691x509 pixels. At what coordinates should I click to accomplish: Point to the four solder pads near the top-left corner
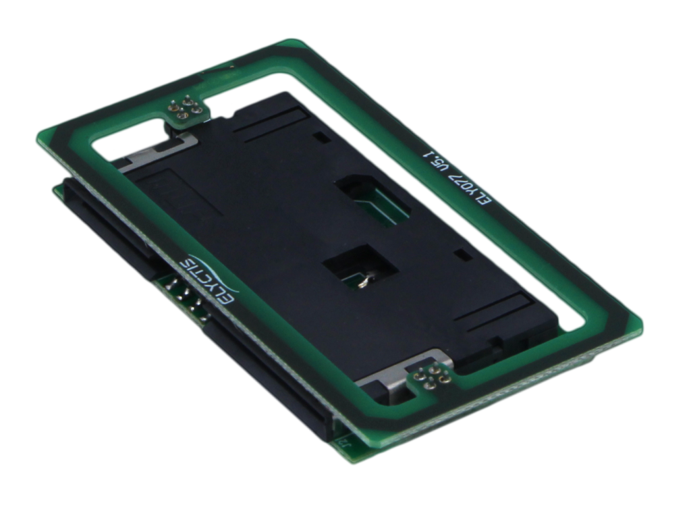[182, 110]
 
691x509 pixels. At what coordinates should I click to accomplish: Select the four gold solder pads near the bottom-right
[426, 379]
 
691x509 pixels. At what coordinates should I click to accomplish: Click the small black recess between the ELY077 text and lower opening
[462, 254]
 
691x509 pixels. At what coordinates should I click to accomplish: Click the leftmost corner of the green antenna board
[36, 138]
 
